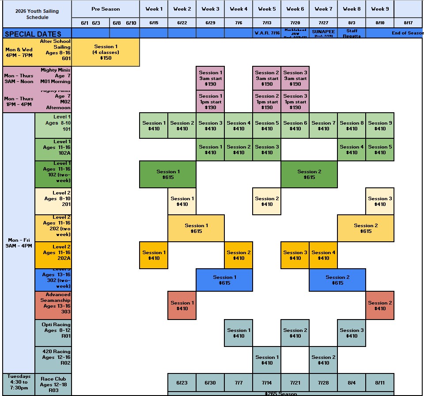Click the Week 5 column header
pyautogui.click(x=267, y=9)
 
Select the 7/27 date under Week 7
pyautogui.click(x=323, y=23)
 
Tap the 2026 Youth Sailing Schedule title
pyautogui.click(x=37, y=14)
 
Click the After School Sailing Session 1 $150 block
pyautogui.click(x=106, y=52)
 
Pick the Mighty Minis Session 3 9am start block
pyautogui.click(x=295, y=78)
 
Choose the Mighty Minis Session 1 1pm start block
pyautogui.click(x=210, y=102)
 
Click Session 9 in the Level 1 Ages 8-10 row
pyautogui.click(x=380, y=126)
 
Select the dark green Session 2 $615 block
pyautogui.click(x=309, y=175)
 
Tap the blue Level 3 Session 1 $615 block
pyautogui.click(x=224, y=280)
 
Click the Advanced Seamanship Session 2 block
pyautogui.click(x=380, y=305)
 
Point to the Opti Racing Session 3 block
pyautogui.click(x=352, y=333)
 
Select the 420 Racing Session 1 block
pyautogui.click(x=267, y=360)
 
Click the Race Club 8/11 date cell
pyautogui.click(x=380, y=383)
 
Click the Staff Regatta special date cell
pyautogui.click(x=352, y=34)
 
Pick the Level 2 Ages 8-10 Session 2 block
pyautogui.click(x=267, y=202)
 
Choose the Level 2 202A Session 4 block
pyautogui.click(x=323, y=255)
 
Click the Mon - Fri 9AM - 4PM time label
pyautogui.click(x=19, y=243)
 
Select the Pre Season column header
pyautogui.click(x=106, y=9)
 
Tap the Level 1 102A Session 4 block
pyautogui.click(x=352, y=150)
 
